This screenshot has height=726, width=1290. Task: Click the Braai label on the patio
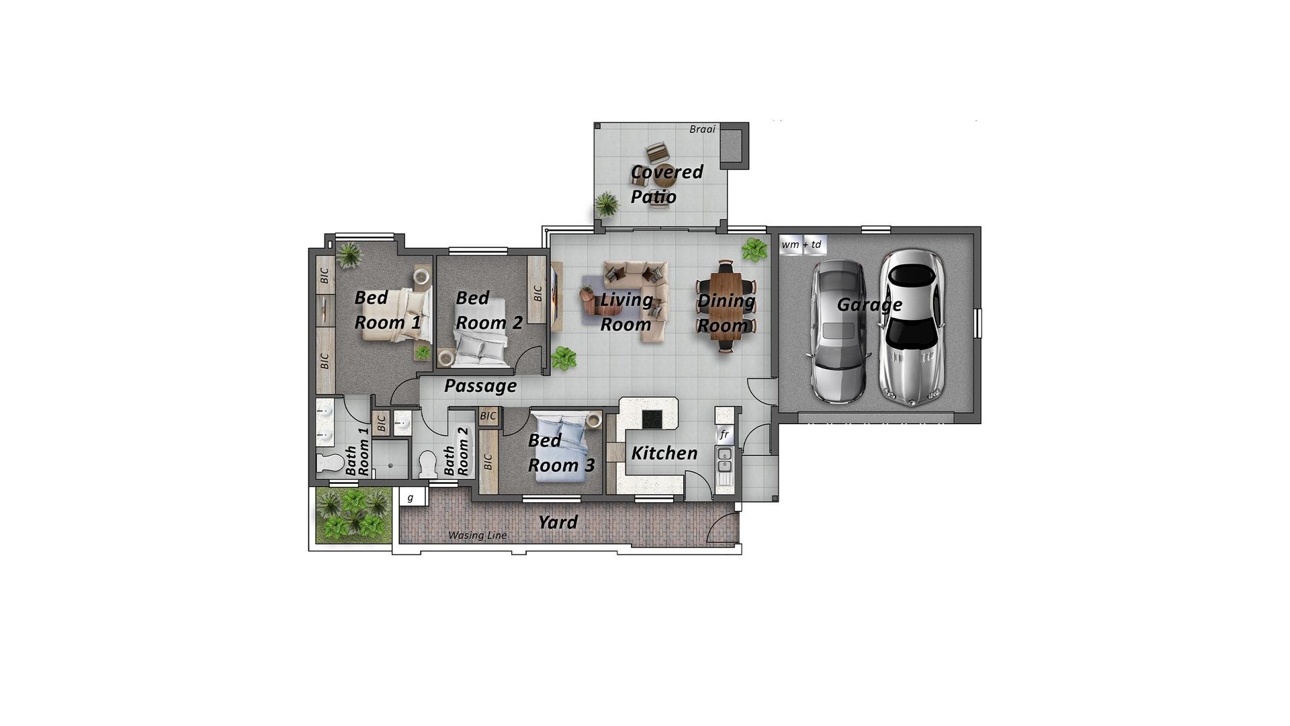coord(702,129)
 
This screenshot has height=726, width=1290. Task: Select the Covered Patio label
coord(666,184)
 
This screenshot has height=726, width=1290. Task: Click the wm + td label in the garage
coord(802,245)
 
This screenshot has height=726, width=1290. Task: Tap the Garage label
coord(869,305)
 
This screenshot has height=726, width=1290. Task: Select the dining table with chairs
coord(726,306)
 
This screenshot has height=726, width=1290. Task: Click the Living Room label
coord(626,312)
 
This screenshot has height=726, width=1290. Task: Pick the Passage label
coord(480,386)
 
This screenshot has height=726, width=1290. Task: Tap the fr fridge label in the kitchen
coord(724,434)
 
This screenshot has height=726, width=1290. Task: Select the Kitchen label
coord(664,453)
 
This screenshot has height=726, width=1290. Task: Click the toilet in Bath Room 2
coord(427,464)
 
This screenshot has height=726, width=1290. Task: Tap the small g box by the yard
coord(411,497)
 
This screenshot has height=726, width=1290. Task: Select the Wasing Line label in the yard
coord(477,535)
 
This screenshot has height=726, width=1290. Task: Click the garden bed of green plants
coord(353,515)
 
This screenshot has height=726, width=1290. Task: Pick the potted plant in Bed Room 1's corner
coord(349,255)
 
